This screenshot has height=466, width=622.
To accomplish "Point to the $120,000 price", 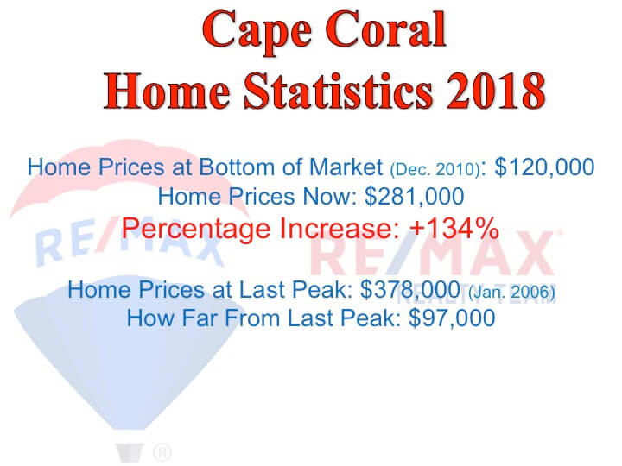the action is click(x=544, y=167).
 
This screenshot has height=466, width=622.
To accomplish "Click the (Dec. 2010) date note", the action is click(x=435, y=169).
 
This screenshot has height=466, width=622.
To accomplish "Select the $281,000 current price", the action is click(x=414, y=197).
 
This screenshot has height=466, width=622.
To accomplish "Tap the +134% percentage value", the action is click(x=454, y=228).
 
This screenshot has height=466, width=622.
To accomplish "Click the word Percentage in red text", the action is click(x=196, y=230).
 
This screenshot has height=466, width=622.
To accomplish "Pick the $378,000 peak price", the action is click(x=410, y=290).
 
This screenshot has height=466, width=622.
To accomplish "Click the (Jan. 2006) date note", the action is click(x=511, y=293).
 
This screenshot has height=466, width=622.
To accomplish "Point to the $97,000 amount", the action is click(x=452, y=318).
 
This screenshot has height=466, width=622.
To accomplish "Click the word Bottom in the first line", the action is click(x=237, y=167).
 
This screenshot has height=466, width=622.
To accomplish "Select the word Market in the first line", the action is click(x=346, y=167).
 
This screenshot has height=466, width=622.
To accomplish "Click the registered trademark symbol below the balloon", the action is click(x=162, y=452).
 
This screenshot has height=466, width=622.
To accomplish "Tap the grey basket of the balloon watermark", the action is click(x=130, y=452).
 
